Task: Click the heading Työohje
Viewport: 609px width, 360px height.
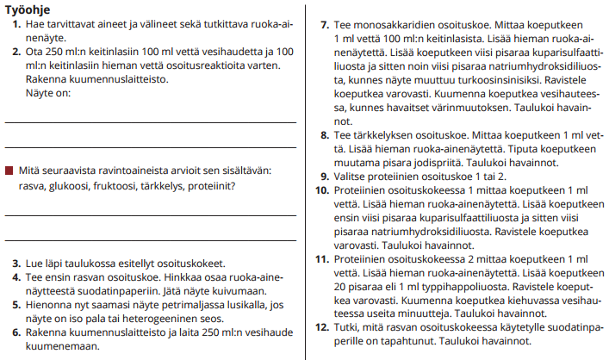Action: [x=30, y=9]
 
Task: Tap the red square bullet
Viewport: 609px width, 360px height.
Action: [x=9, y=171]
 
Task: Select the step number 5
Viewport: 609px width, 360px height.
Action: [x=17, y=305]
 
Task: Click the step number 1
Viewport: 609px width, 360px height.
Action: [x=17, y=26]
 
